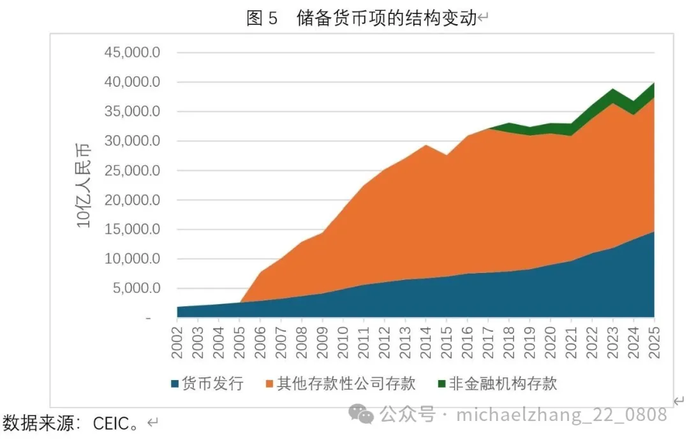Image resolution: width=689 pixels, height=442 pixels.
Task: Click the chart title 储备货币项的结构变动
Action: [387, 18]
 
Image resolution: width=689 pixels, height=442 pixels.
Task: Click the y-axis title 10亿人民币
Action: [84, 186]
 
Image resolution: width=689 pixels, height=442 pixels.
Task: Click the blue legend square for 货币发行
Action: [175, 384]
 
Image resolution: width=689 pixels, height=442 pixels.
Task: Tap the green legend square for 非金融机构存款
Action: [441, 384]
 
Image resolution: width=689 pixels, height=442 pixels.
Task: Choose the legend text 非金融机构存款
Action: [503, 383]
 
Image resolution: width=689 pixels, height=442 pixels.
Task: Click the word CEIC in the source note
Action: [110, 423]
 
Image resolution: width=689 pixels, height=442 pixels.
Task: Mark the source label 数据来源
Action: [38, 423]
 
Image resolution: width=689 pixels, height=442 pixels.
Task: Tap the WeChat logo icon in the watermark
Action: [366, 416]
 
